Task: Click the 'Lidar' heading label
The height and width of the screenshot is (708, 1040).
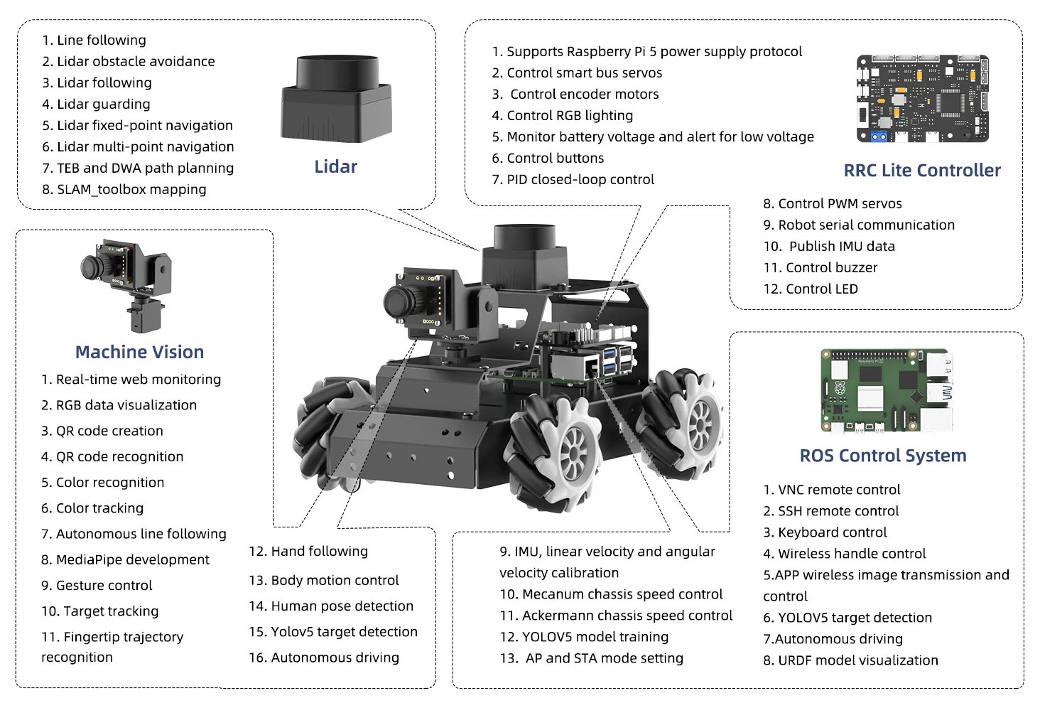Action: click(x=335, y=167)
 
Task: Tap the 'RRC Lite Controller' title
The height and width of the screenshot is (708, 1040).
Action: click(x=921, y=171)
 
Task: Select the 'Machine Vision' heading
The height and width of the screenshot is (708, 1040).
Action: click(x=139, y=352)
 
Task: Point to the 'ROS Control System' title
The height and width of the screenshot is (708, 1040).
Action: click(x=883, y=456)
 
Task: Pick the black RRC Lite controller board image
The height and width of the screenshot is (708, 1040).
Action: click(x=922, y=99)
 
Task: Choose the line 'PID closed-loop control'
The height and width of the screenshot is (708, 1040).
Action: click(x=573, y=180)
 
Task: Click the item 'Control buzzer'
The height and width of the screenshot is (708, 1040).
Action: click(x=820, y=268)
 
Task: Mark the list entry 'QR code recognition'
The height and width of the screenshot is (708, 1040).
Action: click(x=112, y=457)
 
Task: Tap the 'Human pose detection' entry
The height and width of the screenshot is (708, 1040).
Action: click(x=331, y=606)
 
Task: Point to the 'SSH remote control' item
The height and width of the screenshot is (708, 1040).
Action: click(x=831, y=511)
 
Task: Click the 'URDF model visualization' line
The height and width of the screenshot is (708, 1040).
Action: click(x=850, y=660)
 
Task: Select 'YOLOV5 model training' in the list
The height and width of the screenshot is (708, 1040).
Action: click(x=584, y=637)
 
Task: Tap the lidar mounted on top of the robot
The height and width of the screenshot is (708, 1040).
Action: click(x=524, y=257)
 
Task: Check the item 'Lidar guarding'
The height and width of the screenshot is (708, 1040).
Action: click(x=96, y=104)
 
